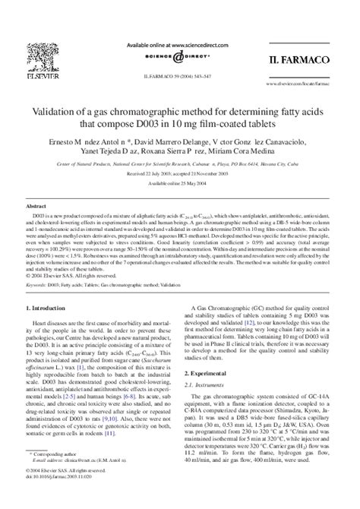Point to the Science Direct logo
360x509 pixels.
(179, 57)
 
